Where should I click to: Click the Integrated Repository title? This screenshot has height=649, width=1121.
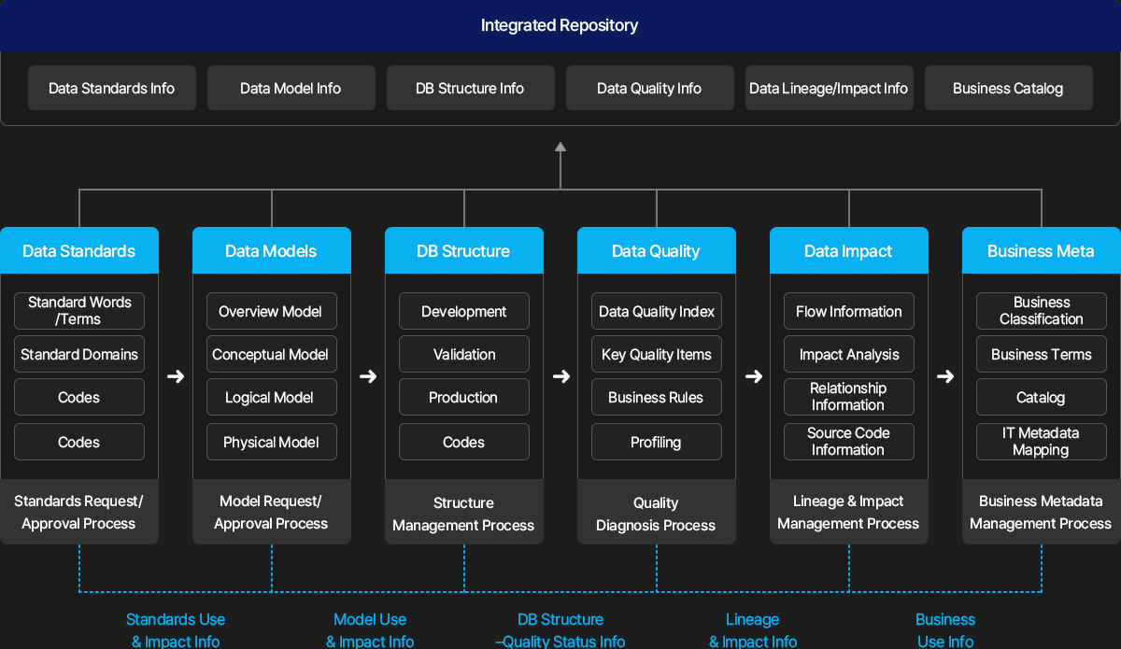tap(559, 25)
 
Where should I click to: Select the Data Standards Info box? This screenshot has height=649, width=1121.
tap(111, 88)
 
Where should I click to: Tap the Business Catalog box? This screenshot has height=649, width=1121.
tap(1008, 88)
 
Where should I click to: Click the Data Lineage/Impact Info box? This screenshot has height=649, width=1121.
tap(830, 88)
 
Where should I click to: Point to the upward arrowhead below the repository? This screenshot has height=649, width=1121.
tap(560, 147)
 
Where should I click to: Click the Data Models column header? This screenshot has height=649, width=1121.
tap(272, 250)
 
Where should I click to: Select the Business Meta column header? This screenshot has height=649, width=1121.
tap(1041, 250)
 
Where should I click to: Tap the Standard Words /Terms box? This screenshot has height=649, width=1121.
tap(79, 311)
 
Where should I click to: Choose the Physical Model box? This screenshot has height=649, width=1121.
tap(272, 442)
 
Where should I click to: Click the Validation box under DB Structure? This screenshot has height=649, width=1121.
tap(464, 354)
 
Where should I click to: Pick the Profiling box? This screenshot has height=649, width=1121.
tap(657, 442)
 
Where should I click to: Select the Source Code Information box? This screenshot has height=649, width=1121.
tap(849, 442)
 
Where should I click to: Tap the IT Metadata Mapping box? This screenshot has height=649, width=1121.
tap(1042, 442)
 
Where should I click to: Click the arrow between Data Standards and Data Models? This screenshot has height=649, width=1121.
tap(176, 376)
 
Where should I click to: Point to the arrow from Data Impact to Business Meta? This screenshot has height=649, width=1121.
tap(945, 376)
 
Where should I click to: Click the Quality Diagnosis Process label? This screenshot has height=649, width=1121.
tap(656, 514)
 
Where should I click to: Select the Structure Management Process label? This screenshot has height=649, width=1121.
tap(463, 514)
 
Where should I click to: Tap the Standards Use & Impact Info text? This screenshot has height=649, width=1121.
tap(176, 630)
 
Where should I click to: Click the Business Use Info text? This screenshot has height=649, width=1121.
tap(945, 630)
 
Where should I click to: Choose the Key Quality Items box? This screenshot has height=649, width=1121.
tap(657, 354)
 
